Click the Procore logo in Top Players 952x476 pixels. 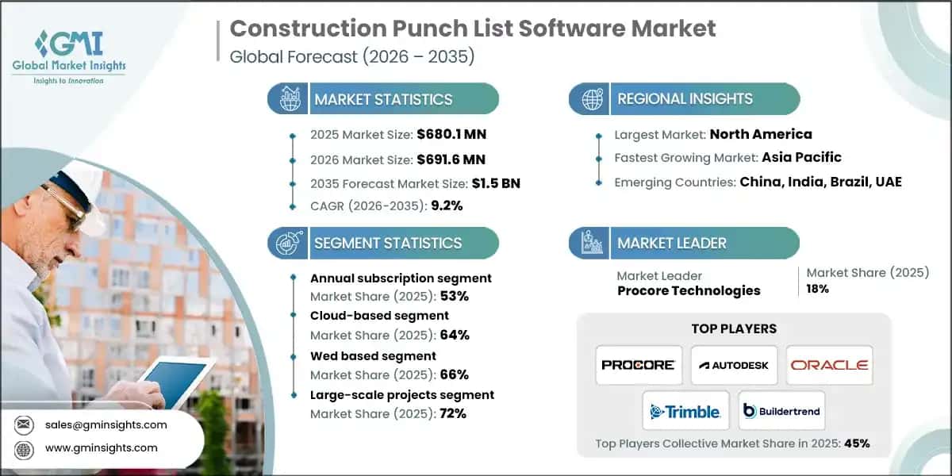[639, 365]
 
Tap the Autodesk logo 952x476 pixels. [734, 365]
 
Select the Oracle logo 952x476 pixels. [829, 365]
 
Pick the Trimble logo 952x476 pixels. [685, 411]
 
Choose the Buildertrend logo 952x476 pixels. [781, 411]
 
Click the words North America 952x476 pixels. [761, 134]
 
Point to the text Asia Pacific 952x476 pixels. [801, 157]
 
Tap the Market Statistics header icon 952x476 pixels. [288, 99]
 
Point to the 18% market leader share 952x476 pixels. [818, 290]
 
